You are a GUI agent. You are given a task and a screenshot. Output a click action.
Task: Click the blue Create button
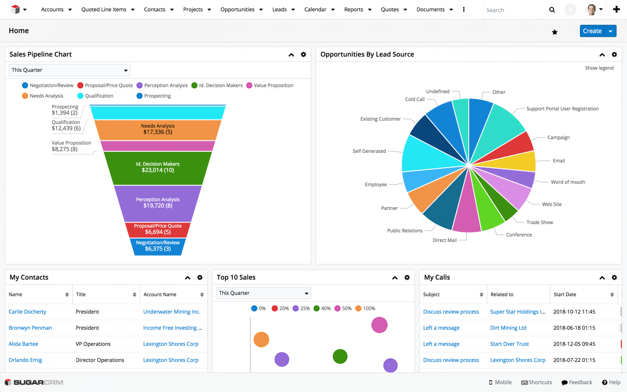(592, 31)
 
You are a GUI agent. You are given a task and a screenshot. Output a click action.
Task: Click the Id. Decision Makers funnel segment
(158, 167)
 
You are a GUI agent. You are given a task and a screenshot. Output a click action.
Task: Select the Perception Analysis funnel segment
(158, 203)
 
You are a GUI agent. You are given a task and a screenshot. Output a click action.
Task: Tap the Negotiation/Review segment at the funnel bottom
(158, 246)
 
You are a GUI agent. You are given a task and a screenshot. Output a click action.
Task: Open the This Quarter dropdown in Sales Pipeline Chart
(69, 70)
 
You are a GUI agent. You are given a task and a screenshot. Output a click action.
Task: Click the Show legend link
(599, 68)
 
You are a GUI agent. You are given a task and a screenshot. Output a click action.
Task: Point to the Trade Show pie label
(539, 222)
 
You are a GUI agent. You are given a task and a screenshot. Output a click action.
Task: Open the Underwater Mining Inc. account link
(172, 312)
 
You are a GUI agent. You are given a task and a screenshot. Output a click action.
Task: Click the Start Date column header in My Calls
(565, 294)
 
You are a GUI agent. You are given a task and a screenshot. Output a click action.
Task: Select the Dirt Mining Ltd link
(508, 328)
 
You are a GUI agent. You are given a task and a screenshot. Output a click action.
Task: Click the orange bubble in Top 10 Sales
(261, 339)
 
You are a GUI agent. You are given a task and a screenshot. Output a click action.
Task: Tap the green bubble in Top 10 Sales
(340, 356)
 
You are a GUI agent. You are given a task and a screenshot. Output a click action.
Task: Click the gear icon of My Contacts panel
(200, 278)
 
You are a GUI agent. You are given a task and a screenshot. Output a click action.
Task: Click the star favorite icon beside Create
(555, 32)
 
